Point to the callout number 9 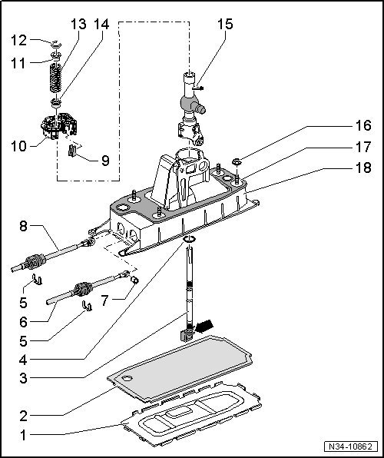tap(105, 161)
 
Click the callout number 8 tap(23, 227)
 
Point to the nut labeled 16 tap(237, 162)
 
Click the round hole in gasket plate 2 tap(128, 377)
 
